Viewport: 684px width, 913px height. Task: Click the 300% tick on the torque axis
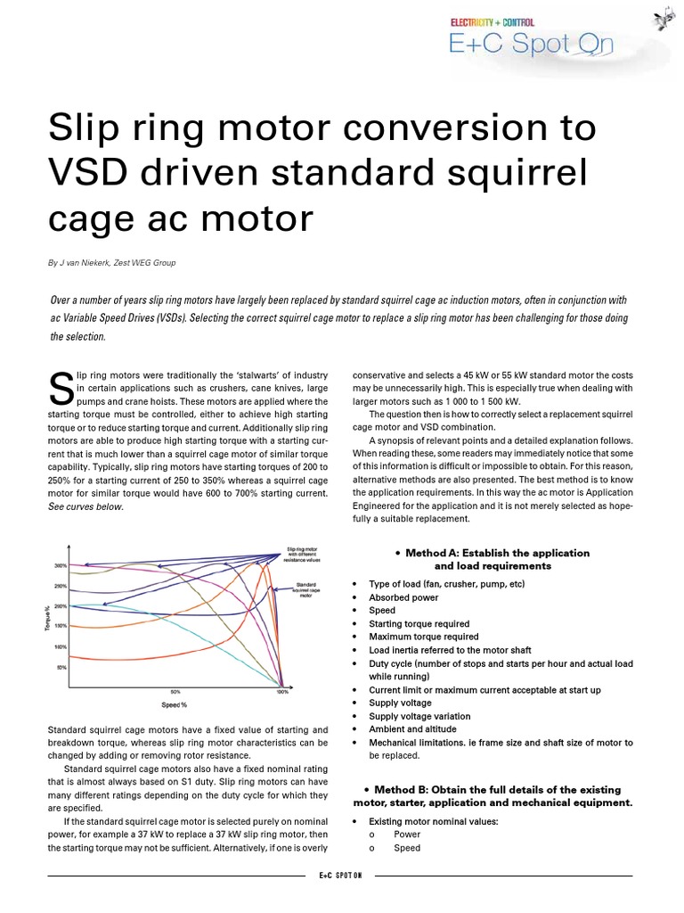61,565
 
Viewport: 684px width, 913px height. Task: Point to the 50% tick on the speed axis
175,692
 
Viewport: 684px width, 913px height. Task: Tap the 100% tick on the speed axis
281,692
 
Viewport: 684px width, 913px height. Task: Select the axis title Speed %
174,705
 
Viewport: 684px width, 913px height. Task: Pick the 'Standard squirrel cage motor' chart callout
308,589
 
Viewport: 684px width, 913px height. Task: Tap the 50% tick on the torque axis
61,666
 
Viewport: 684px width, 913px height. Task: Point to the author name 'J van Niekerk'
88,263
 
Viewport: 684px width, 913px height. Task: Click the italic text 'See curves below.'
85,507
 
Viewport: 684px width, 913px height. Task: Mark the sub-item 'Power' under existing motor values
407,835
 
